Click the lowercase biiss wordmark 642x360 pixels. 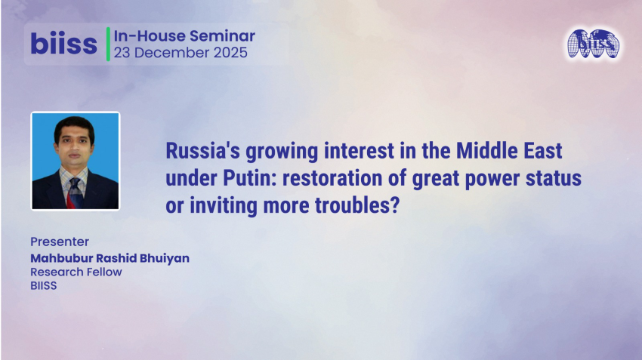63,44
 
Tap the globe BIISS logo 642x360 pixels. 594,45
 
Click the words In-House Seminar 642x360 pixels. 184,35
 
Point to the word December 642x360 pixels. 168,53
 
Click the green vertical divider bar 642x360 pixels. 108,44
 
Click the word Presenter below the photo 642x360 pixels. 60,242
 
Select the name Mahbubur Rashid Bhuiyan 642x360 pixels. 110,258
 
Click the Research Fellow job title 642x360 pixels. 76,272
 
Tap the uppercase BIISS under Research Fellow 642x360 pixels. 44,286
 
